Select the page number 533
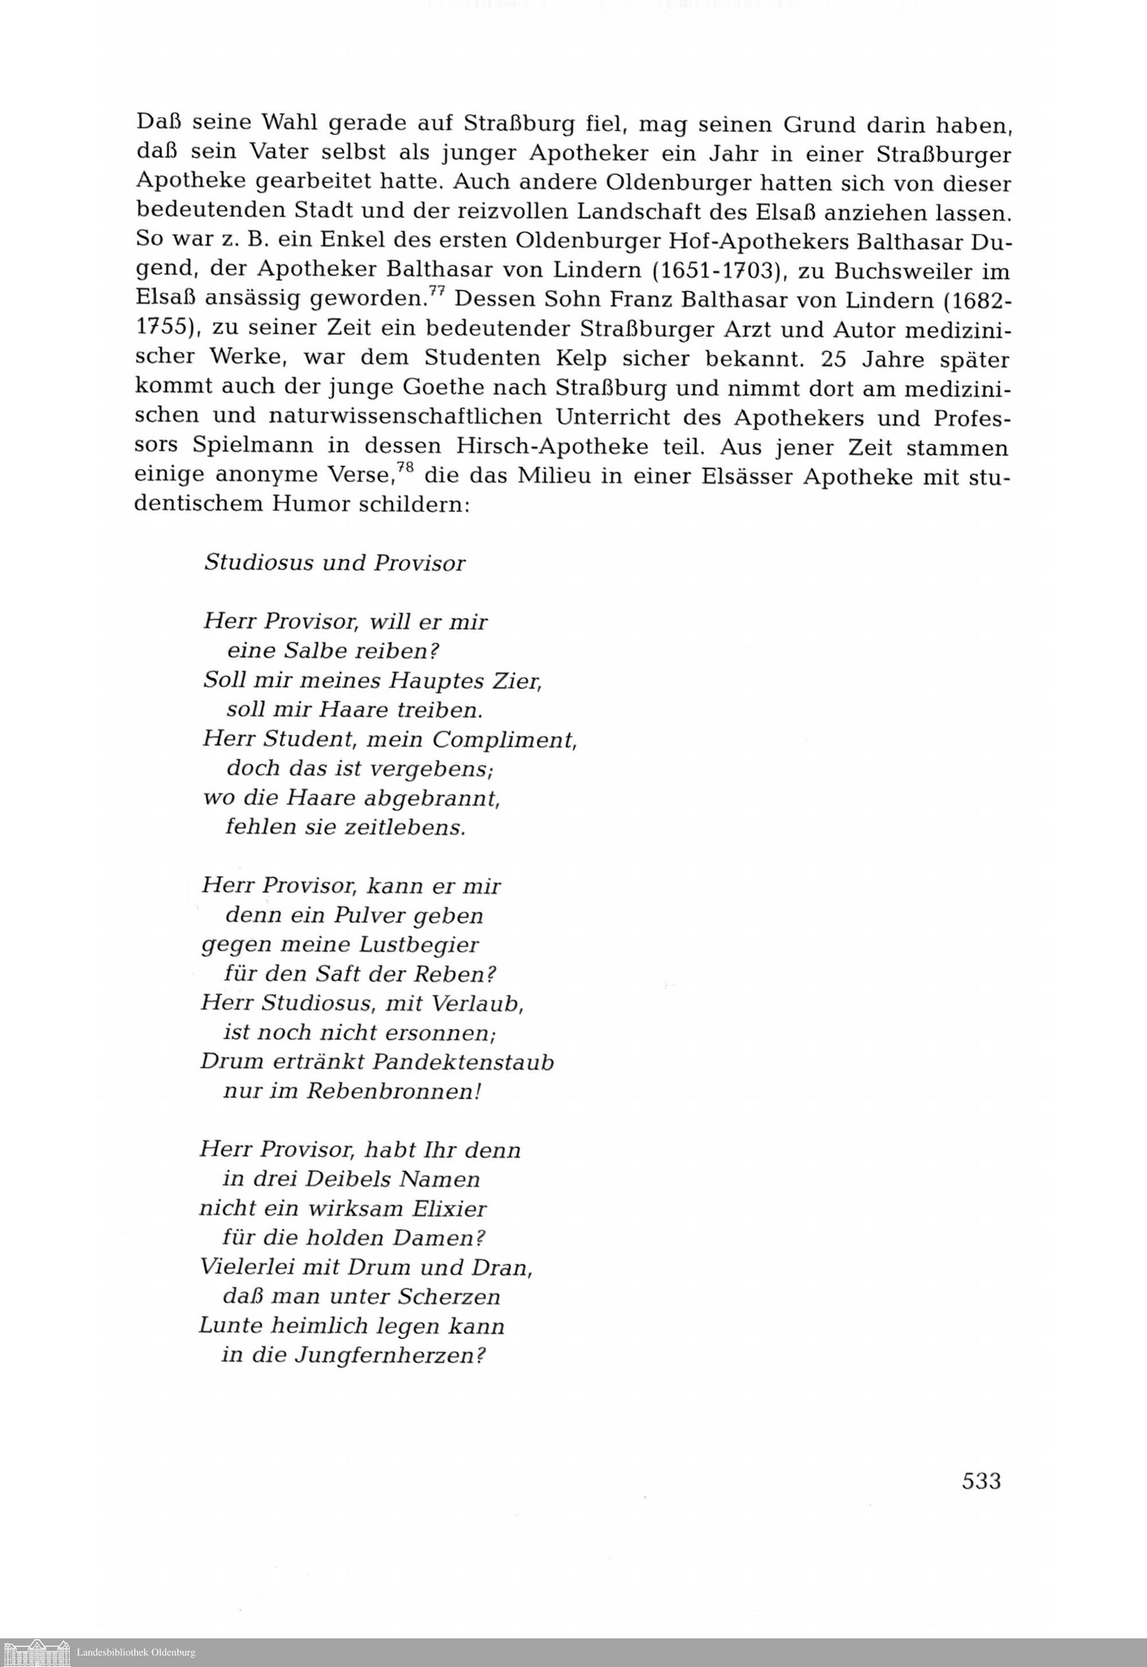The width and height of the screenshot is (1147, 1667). tap(981, 1480)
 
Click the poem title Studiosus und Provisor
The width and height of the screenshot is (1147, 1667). tap(335, 563)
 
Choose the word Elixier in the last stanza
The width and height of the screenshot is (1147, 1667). tap(449, 1209)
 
